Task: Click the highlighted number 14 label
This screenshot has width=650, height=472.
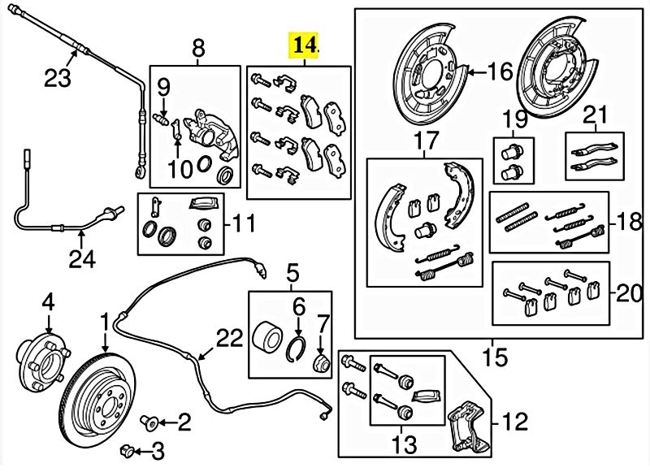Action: click(305, 45)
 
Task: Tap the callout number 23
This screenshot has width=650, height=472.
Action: click(58, 78)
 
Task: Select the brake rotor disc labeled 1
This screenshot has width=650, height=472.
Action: click(97, 402)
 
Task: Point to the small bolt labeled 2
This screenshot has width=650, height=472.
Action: click(149, 422)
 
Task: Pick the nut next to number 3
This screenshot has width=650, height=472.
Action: click(127, 450)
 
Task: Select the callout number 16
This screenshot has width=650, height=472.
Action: click(500, 71)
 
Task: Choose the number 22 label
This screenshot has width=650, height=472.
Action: click(229, 338)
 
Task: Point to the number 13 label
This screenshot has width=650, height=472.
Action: click(404, 444)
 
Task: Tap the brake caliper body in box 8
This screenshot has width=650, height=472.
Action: click(210, 134)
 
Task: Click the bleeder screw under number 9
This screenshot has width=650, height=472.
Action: click(159, 121)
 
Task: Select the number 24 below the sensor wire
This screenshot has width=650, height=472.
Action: click(82, 259)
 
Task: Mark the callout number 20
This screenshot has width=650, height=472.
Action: click(629, 294)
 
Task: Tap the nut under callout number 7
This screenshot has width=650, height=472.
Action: click(321, 363)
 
